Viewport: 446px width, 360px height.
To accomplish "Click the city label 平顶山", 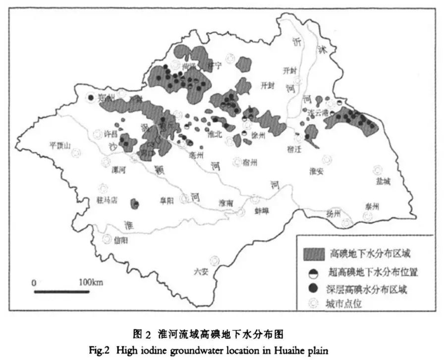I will click(60, 145).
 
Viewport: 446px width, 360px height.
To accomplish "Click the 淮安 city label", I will click(317, 171).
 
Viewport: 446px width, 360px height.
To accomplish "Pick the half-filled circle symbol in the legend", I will click(313, 272).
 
